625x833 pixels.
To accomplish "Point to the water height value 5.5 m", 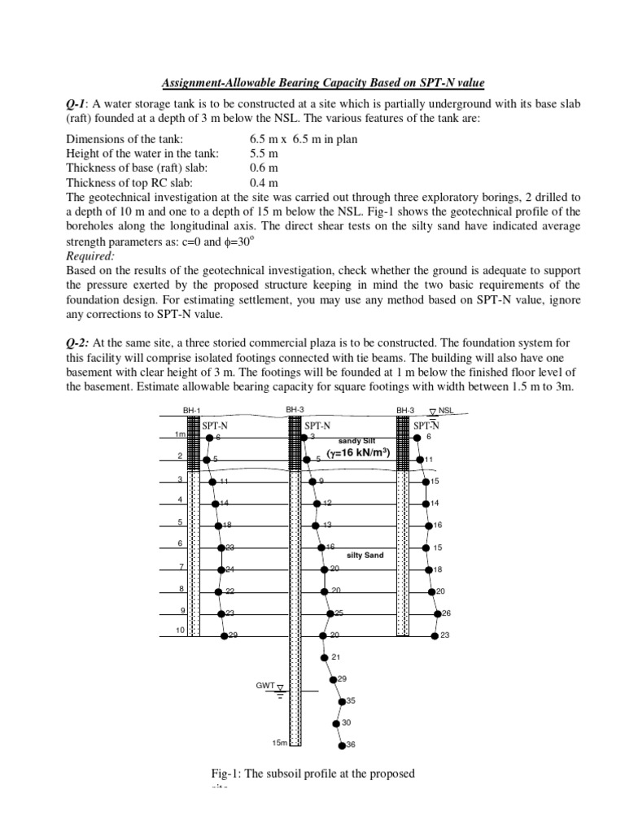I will [x=264, y=154].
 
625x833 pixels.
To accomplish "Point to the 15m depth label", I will [x=280, y=744].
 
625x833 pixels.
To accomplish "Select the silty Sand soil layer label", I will [x=365, y=556].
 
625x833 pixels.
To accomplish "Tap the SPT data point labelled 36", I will [x=340, y=744].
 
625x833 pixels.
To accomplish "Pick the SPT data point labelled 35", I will [x=341, y=700].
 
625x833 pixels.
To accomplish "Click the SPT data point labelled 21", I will [x=325, y=657].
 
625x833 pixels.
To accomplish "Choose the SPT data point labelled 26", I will [x=437, y=613].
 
